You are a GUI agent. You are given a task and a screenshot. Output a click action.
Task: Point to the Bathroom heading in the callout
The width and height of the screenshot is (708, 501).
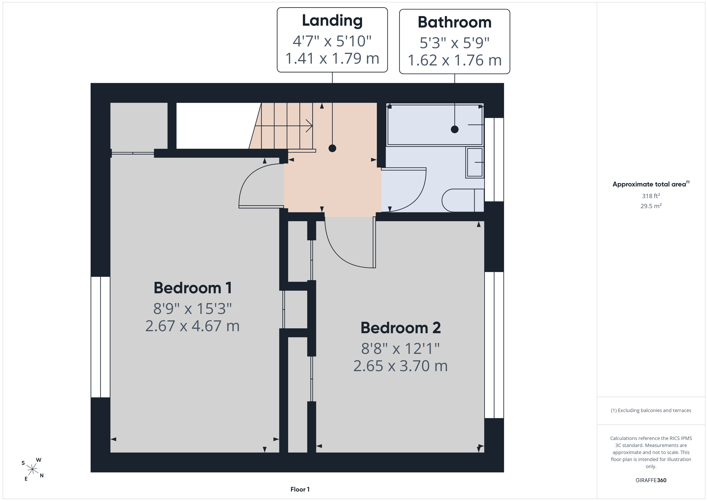[x=455, y=22]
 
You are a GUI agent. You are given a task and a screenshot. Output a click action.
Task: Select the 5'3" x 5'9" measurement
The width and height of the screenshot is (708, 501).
[x=455, y=43]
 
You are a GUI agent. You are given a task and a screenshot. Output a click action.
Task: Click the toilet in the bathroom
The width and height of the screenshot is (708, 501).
[x=463, y=200]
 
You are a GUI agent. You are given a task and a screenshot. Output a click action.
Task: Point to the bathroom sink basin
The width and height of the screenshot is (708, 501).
[x=475, y=162]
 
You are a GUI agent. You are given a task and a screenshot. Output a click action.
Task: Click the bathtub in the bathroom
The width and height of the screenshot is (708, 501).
[x=435, y=125]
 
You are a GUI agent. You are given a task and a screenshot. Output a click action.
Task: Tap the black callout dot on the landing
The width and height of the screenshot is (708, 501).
[x=332, y=148]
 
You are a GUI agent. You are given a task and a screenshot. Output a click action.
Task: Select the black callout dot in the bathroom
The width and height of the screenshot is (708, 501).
[x=455, y=129]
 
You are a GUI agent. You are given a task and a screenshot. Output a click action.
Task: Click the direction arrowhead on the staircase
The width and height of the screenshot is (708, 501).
[x=309, y=126]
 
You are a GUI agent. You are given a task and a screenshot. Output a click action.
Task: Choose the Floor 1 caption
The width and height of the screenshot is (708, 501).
[x=300, y=489]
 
